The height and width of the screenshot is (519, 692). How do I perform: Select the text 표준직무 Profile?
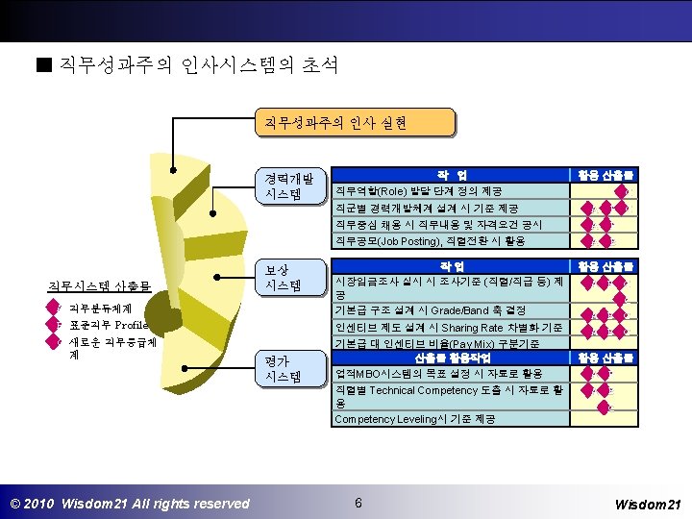pyautogui.click(x=108, y=325)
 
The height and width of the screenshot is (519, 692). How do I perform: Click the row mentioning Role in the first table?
pyautogui.click(x=448, y=191)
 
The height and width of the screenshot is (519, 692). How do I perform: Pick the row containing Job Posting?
pyautogui.click(x=448, y=241)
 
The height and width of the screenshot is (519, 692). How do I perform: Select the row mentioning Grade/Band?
pyautogui.click(x=448, y=310)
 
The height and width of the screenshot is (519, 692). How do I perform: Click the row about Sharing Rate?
pyautogui.click(x=448, y=328)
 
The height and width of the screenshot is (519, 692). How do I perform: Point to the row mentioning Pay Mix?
pyautogui.click(x=448, y=343)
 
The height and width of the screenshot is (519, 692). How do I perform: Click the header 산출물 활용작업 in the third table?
pyautogui.click(x=448, y=358)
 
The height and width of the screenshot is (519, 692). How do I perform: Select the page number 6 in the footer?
pyautogui.click(x=358, y=503)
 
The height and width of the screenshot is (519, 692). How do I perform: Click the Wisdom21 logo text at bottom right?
pyautogui.click(x=647, y=504)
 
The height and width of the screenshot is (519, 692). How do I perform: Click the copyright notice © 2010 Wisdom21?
pyautogui.click(x=129, y=504)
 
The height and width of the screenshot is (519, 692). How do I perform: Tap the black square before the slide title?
pyautogui.click(x=40, y=66)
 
